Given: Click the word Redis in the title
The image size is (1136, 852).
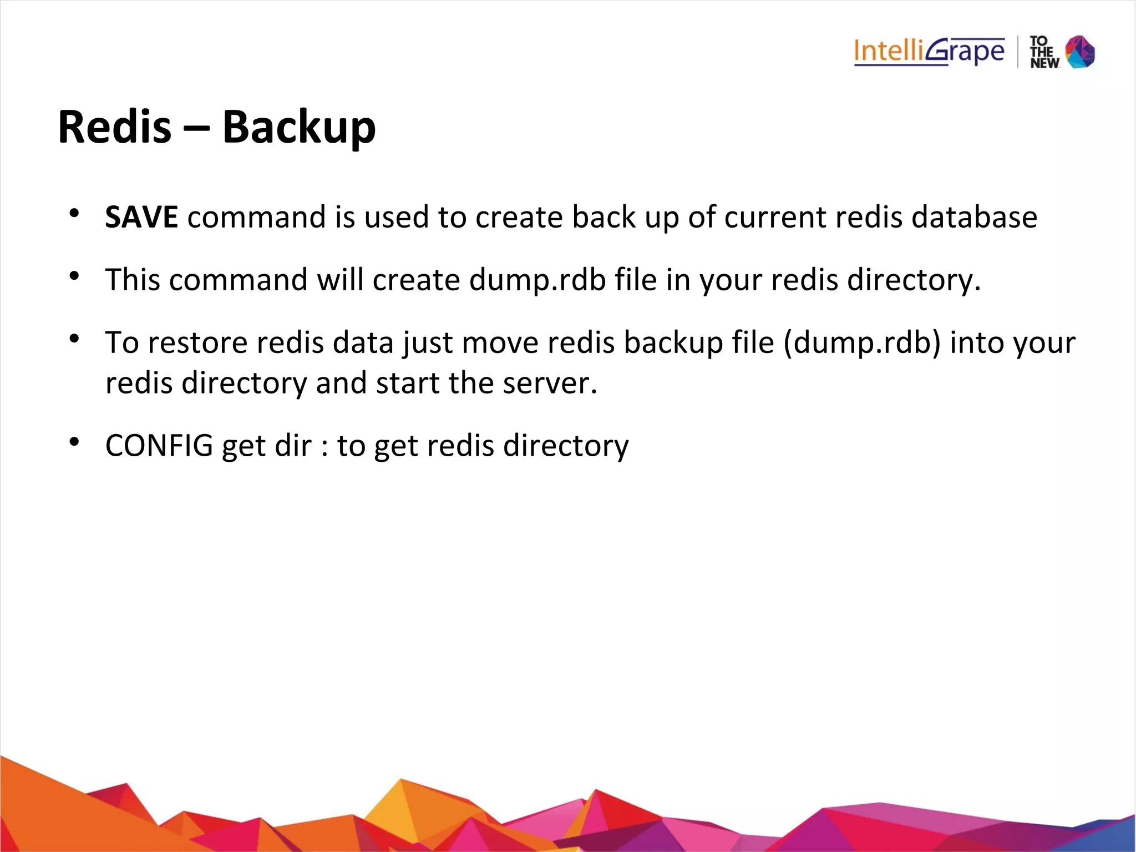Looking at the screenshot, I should [114, 127].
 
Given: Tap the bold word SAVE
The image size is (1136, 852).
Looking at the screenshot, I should [141, 217].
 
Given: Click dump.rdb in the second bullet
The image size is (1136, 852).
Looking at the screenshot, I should [537, 280].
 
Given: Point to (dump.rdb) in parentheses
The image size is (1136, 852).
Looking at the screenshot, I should [862, 342].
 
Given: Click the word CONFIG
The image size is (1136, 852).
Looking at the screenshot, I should [159, 446].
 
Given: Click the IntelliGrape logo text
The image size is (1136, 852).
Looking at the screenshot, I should [929, 52].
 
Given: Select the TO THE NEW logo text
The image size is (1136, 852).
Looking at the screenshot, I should [1044, 53].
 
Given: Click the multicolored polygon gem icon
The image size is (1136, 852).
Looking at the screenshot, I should [1081, 52].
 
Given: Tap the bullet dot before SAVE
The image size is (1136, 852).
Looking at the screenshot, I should [74, 213].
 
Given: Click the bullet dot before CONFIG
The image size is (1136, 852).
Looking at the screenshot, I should [74, 442].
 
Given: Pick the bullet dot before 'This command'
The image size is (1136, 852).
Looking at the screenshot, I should [74, 276].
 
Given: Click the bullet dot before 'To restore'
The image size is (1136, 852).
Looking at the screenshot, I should [74, 339].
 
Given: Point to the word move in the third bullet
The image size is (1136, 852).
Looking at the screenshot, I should [500, 342].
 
